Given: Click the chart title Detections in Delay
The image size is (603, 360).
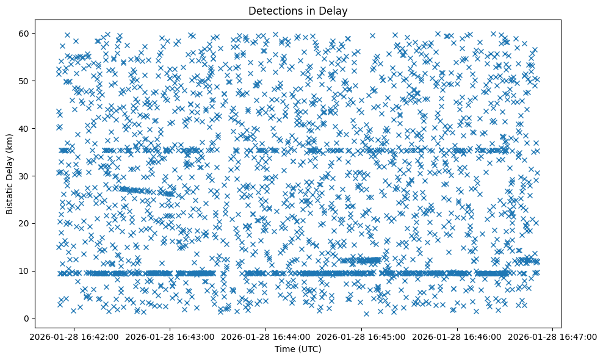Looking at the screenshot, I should tap(298, 10).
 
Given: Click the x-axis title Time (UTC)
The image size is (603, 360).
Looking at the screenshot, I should tap(298, 349).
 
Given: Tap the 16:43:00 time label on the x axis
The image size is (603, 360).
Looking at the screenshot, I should tap(170, 336).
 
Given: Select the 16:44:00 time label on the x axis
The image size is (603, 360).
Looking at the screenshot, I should tap(266, 336).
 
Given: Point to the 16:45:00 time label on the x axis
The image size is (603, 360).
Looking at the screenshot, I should tap(362, 336).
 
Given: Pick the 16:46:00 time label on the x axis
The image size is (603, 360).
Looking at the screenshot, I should tap(458, 336).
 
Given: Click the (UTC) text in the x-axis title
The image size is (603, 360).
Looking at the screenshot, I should tap(309, 349).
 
